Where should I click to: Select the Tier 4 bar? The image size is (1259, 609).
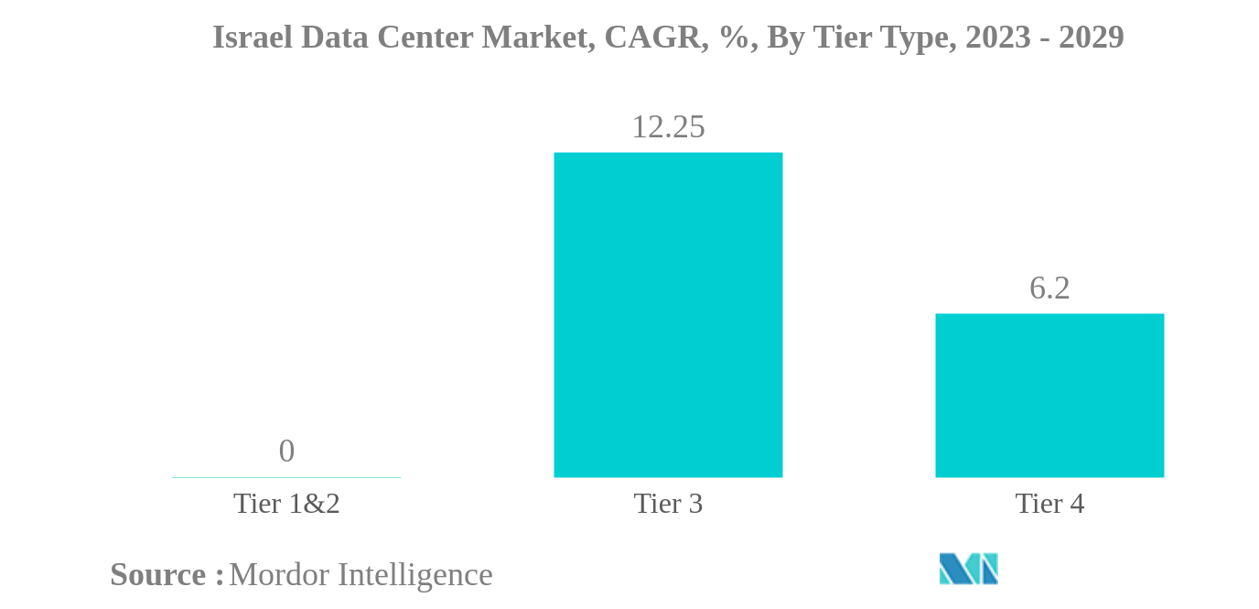coord(1049,395)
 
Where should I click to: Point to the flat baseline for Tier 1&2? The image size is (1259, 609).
coord(286,477)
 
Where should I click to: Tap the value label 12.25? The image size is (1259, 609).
coord(668,127)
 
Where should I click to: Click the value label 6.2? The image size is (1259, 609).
coord(1049,288)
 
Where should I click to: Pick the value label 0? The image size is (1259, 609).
coord(286,451)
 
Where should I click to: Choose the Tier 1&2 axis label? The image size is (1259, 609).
coord(286,504)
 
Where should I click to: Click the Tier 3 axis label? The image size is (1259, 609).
coord(668,504)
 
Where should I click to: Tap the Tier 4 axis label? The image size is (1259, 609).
coord(1049,504)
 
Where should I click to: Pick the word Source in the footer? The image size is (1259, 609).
coord(158,575)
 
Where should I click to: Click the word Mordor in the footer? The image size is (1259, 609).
coord(279,575)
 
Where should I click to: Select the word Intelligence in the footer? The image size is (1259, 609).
coord(415,575)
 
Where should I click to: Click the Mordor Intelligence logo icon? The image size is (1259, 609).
coord(968,569)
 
